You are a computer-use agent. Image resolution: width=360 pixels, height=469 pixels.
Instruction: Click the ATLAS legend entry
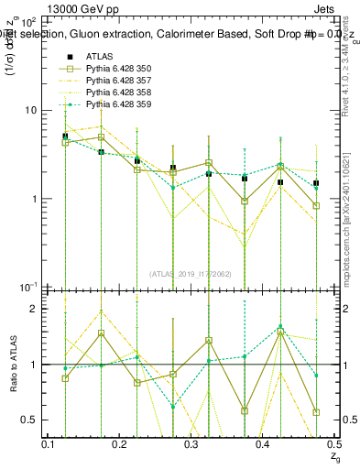[100, 56]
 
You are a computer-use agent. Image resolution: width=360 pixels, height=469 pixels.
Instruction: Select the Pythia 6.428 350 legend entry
[119, 69]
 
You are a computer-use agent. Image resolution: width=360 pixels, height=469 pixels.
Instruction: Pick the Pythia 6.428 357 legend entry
[119, 81]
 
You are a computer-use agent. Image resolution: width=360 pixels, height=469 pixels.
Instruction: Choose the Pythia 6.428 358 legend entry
[119, 93]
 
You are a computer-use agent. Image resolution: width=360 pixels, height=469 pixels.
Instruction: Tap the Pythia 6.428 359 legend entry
[119, 106]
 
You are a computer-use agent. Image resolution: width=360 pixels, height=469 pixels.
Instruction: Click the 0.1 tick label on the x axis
[49, 444]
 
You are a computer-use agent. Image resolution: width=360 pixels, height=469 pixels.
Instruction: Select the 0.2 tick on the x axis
[121, 444]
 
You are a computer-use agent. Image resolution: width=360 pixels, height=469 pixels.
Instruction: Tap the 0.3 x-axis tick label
[191, 444]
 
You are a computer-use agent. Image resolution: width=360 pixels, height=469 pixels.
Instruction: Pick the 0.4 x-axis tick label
[262, 444]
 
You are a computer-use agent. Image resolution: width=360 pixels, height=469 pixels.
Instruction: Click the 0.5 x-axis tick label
[332, 444]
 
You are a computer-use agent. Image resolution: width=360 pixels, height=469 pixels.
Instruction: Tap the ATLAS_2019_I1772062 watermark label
[191, 274]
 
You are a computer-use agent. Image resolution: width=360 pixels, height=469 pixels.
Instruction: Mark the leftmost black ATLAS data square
[65, 136]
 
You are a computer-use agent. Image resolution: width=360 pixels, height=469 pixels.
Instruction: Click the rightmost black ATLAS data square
[316, 183]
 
